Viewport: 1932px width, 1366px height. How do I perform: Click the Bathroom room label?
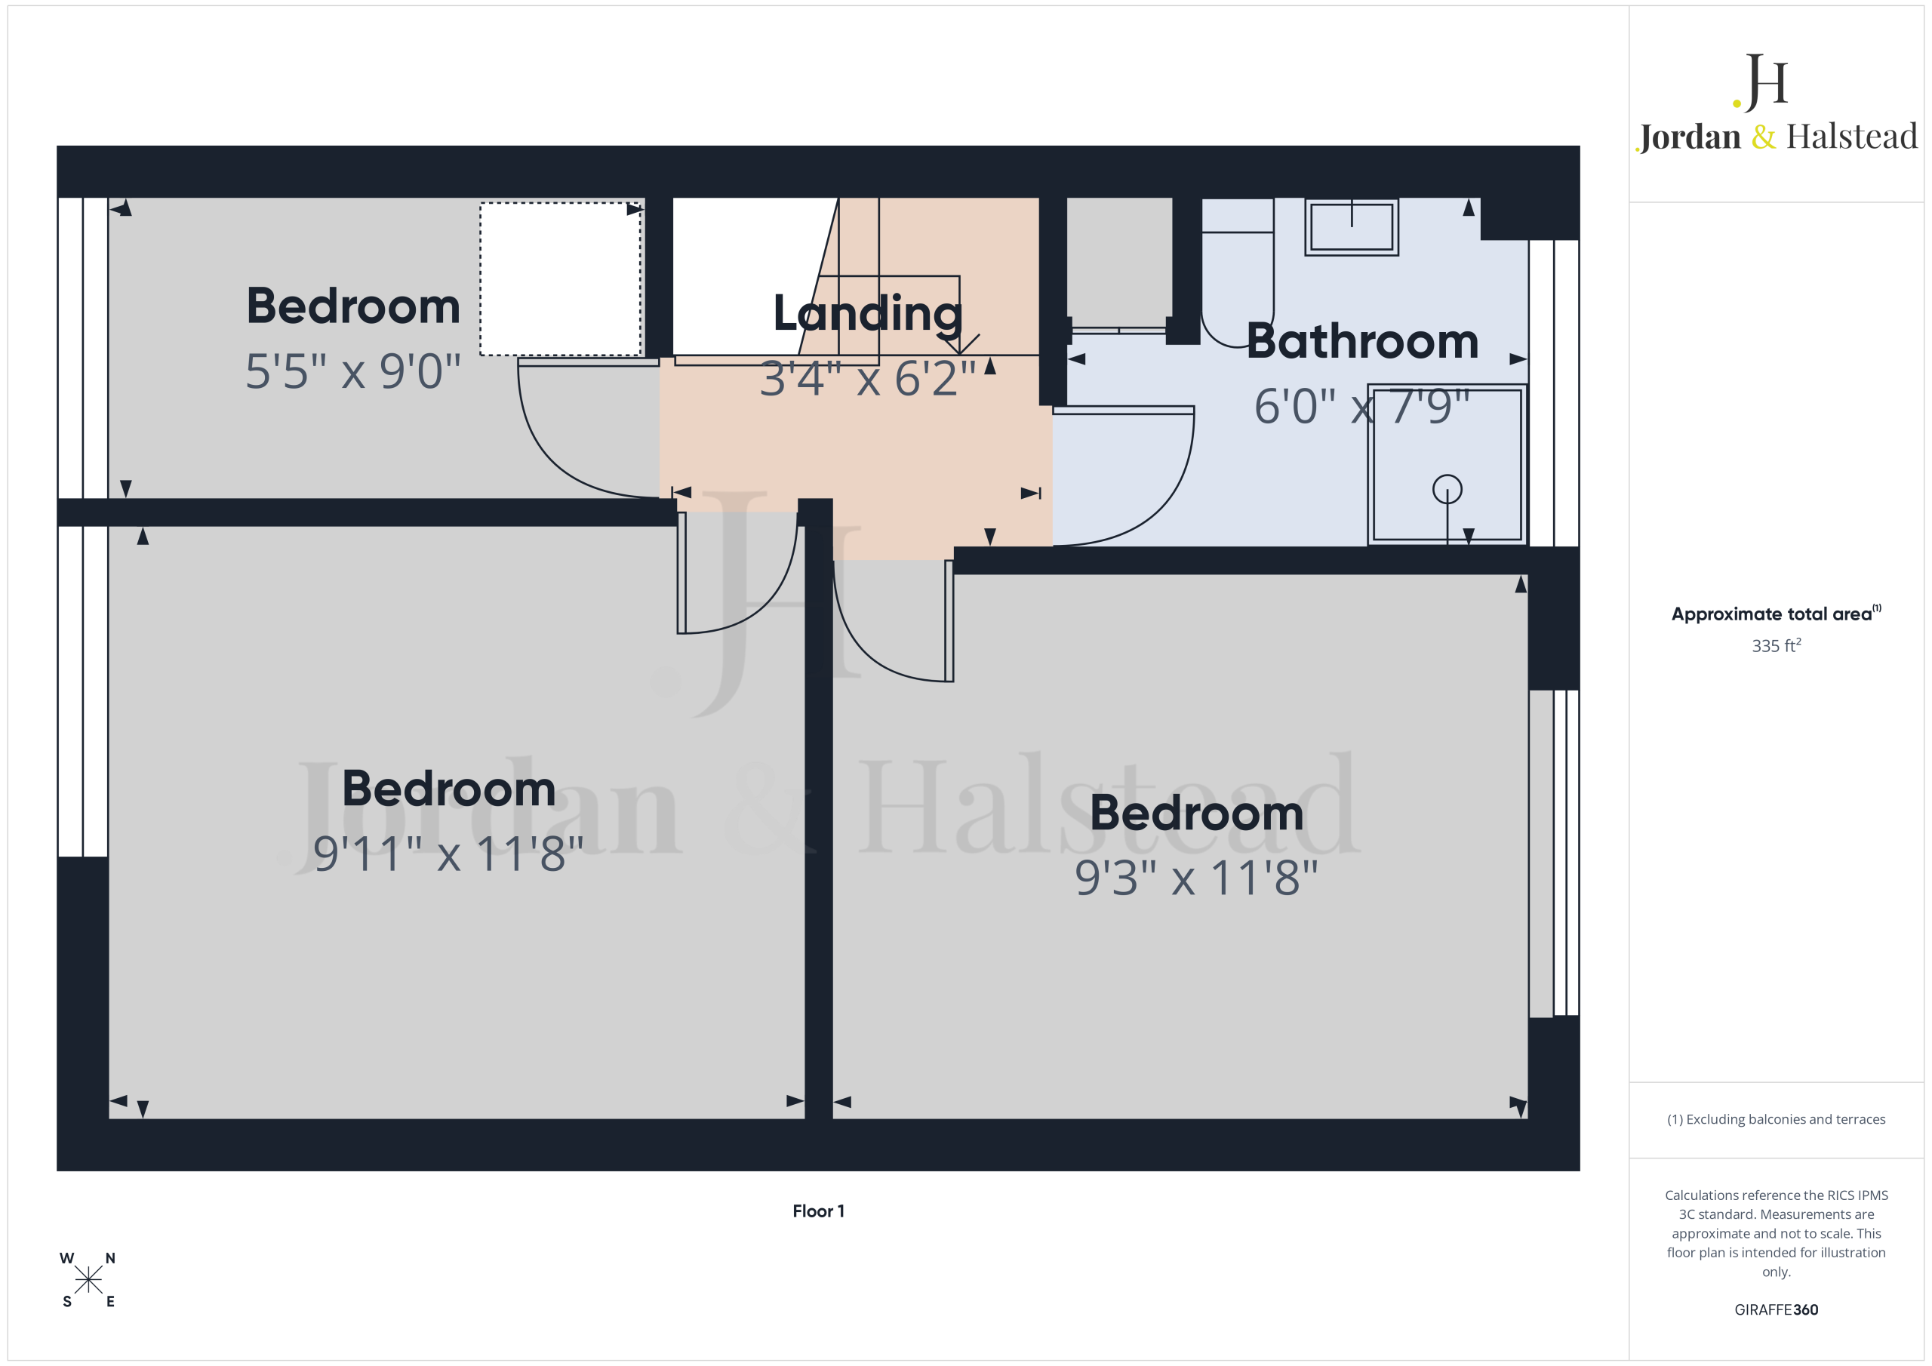(x=1362, y=342)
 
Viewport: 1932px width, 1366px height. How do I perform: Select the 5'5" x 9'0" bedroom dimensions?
(x=353, y=371)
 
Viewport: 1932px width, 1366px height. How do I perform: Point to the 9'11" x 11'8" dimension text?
(x=448, y=854)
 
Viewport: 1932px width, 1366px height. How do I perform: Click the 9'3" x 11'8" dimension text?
(x=1197, y=878)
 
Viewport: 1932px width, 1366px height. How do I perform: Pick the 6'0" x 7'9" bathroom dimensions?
(x=1362, y=407)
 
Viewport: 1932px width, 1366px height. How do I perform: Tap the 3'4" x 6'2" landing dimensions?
(x=868, y=378)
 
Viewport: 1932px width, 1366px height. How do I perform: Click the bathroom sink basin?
(x=1352, y=226)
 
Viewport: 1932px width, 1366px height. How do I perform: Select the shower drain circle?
(x=1447, y=489)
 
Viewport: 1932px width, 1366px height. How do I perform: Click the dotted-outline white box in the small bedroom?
(x=561, y=278)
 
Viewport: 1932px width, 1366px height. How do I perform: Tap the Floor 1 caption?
(x=818, y=1211)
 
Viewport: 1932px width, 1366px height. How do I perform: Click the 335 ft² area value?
(x=1777, y=645)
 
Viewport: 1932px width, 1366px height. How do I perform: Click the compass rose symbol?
(x=88, y=1280)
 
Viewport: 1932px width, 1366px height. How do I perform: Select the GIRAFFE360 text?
(x=1777, y=1309)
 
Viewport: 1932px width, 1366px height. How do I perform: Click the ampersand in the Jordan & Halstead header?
(x=1764, y=137)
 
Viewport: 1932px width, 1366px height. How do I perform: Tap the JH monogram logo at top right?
(x=1761, y=82)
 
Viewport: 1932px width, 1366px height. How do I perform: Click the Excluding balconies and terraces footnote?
(x=1777, y=1119)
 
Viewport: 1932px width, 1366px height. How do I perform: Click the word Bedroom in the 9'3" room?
(x=1197, y=813)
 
